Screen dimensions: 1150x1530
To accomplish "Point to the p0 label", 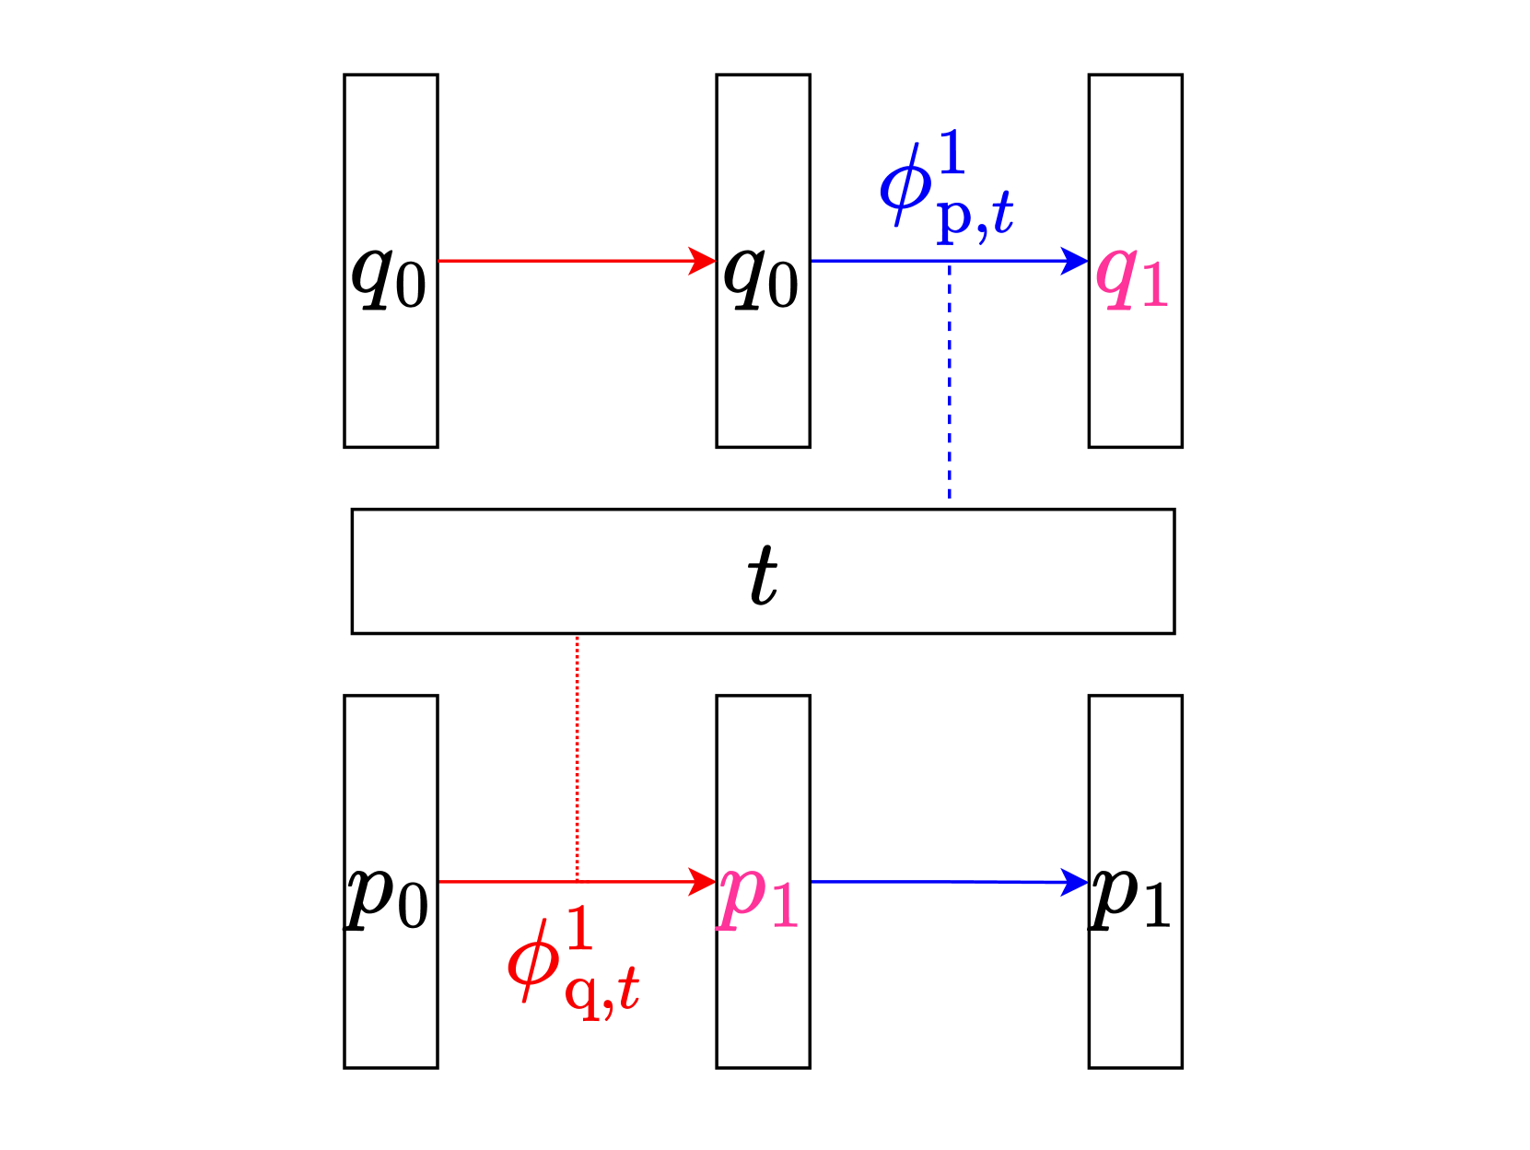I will pos(388,898).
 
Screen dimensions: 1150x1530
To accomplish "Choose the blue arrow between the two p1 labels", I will pos(949,882).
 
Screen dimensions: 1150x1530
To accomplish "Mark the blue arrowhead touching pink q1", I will pos(1076,261).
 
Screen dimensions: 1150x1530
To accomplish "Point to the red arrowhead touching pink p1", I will pos(704,882).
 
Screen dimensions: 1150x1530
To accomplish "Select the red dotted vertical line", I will pos(578,756).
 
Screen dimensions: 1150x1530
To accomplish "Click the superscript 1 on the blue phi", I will pos(952,152).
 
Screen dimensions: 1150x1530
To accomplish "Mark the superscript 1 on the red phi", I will pos(578,929).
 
